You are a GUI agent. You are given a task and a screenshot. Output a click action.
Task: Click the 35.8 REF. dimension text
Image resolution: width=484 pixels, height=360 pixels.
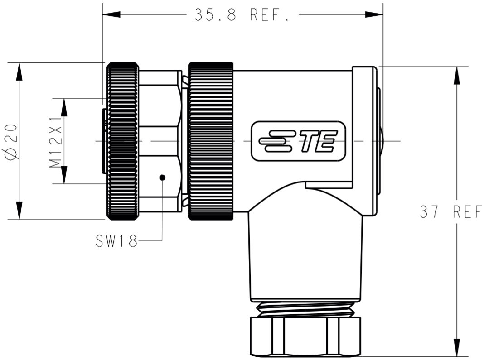click(242, 14)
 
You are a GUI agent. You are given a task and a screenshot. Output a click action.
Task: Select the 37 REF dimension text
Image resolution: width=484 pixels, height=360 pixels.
click(450, 212)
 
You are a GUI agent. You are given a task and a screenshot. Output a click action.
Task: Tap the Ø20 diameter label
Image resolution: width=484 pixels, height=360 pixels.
click(12, 141)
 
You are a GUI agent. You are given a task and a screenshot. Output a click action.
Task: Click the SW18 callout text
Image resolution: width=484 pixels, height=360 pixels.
click(116, 241)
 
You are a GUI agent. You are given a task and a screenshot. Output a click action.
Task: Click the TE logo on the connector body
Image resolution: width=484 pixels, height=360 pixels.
click(298, 141)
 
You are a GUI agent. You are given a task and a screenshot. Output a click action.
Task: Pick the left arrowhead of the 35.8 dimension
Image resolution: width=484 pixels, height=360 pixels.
click(111, 14)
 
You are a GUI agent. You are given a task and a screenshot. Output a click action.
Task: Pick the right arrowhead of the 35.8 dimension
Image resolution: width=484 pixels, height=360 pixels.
click(374, 14)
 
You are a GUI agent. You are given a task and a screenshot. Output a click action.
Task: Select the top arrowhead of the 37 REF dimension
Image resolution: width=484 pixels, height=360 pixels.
click(456, 75)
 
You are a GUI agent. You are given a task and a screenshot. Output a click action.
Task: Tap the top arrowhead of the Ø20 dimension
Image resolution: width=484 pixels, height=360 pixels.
click(19, 72)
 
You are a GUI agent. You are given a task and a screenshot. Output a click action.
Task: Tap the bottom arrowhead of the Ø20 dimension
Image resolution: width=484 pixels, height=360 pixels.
click(19, 211)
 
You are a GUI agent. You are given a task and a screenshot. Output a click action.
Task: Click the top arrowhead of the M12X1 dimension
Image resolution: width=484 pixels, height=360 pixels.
click(64, 107)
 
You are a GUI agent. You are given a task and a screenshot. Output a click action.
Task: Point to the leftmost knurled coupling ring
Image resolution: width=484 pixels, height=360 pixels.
click(123, 141)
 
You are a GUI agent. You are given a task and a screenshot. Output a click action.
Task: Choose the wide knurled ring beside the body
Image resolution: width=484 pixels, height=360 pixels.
click(210, 141)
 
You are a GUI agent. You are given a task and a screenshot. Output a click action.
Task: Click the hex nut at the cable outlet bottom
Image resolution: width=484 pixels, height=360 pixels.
click(305, 336)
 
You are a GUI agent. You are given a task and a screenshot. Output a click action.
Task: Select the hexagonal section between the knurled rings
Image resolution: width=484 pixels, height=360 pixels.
click(160, 141)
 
